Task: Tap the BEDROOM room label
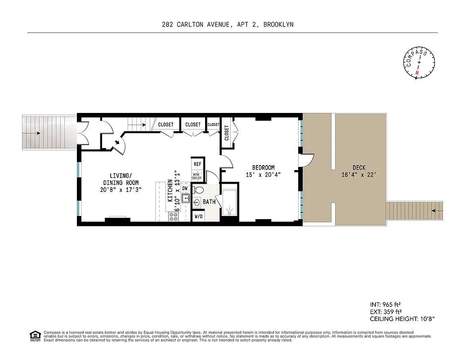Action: pos(263,168)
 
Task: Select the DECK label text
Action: pos(359,168)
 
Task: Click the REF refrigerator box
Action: pos(197,164)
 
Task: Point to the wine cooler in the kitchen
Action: pos(197,176)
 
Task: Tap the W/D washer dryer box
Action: pos(198,216)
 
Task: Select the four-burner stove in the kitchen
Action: pos(174,216)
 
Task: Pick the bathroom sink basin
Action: pos(197,202)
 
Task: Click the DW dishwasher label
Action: pos(185,189)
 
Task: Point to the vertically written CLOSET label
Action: pos(226,133)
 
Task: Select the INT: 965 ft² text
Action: pos(385,303)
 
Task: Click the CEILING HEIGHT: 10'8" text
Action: pos(402,319)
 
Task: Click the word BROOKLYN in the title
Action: pos(278,24)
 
